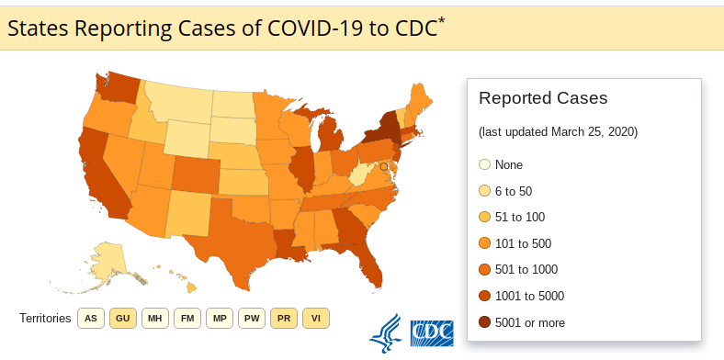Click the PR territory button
(x=284, y=319)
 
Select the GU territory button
(x=123, y=319)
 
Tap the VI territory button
(x=316, y=319)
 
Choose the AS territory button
(x=91, y=319)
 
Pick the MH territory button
(x=155, y=319)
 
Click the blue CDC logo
(x=432, y=333)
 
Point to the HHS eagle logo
(x=385, y=333)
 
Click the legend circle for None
(x=484, y=164)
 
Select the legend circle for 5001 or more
(x=484, y=322)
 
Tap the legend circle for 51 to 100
(x=484, y=217)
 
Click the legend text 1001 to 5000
(x=529, y=296)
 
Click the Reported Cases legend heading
(x=543, y=98)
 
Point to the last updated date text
(x=559, y=132)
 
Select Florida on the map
(x=368, y=263)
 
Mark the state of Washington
(x=118, y=87)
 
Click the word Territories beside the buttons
(x=45, y=319)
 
